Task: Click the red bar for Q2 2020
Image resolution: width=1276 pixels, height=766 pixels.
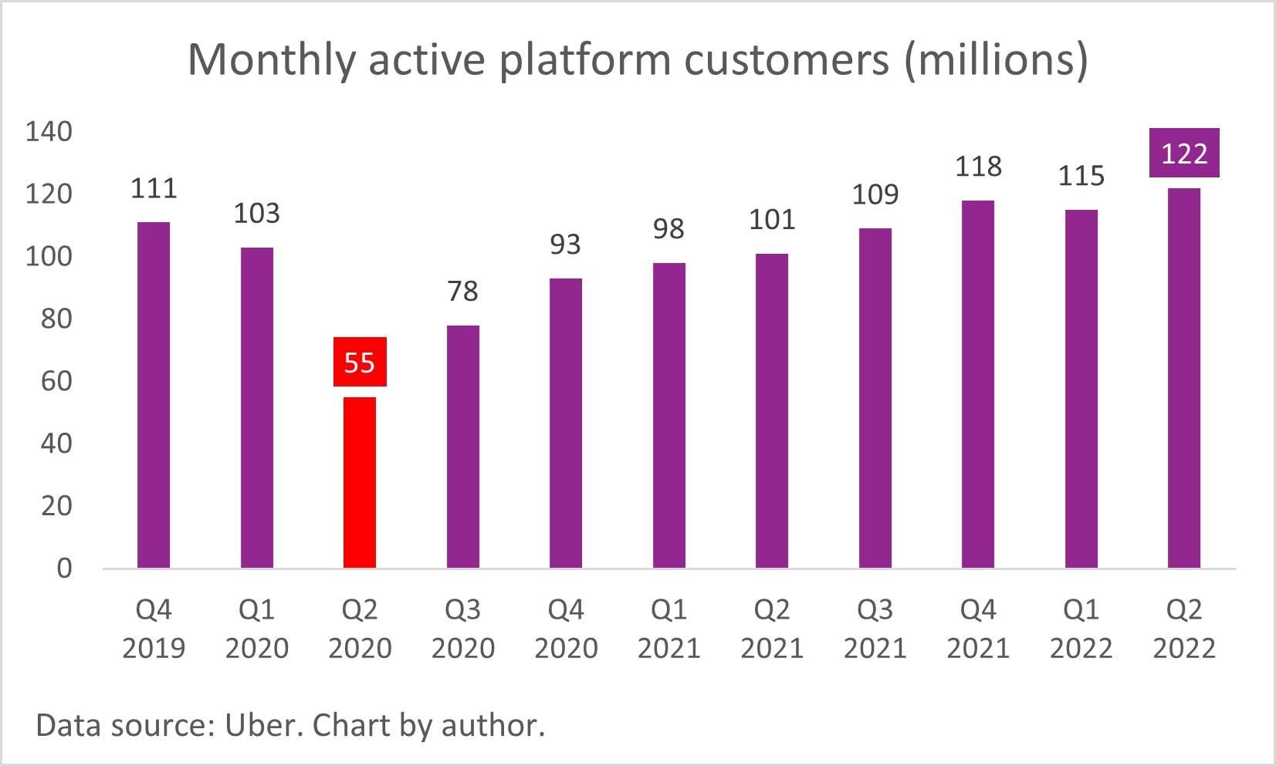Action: (360, 482)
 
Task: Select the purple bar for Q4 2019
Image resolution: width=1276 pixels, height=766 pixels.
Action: (154, 395)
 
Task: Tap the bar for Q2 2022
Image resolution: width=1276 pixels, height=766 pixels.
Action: (1183, 378)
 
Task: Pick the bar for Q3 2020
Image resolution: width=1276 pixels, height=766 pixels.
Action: (463, 447)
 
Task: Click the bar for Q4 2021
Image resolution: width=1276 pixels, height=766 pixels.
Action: (978, 384)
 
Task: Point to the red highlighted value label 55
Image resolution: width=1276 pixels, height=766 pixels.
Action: (360, 362)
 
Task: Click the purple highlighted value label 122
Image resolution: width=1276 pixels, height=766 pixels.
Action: (1183, 153)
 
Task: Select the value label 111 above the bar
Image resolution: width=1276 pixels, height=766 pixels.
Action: (154, 189)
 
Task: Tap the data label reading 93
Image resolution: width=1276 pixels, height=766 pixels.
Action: (565, 245)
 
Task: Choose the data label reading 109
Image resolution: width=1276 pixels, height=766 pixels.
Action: (875, 194)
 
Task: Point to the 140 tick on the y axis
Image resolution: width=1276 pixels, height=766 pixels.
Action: (49, 132)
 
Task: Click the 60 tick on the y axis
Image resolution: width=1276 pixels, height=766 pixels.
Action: (56, 381)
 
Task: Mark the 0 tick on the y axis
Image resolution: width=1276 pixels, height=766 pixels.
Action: (64, 569)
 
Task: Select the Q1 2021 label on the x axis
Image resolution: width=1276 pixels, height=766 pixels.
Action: (668, 629)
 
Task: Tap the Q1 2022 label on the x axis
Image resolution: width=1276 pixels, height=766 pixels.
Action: (1081, 629)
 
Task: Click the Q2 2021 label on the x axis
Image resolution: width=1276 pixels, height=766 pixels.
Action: (772, 629)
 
